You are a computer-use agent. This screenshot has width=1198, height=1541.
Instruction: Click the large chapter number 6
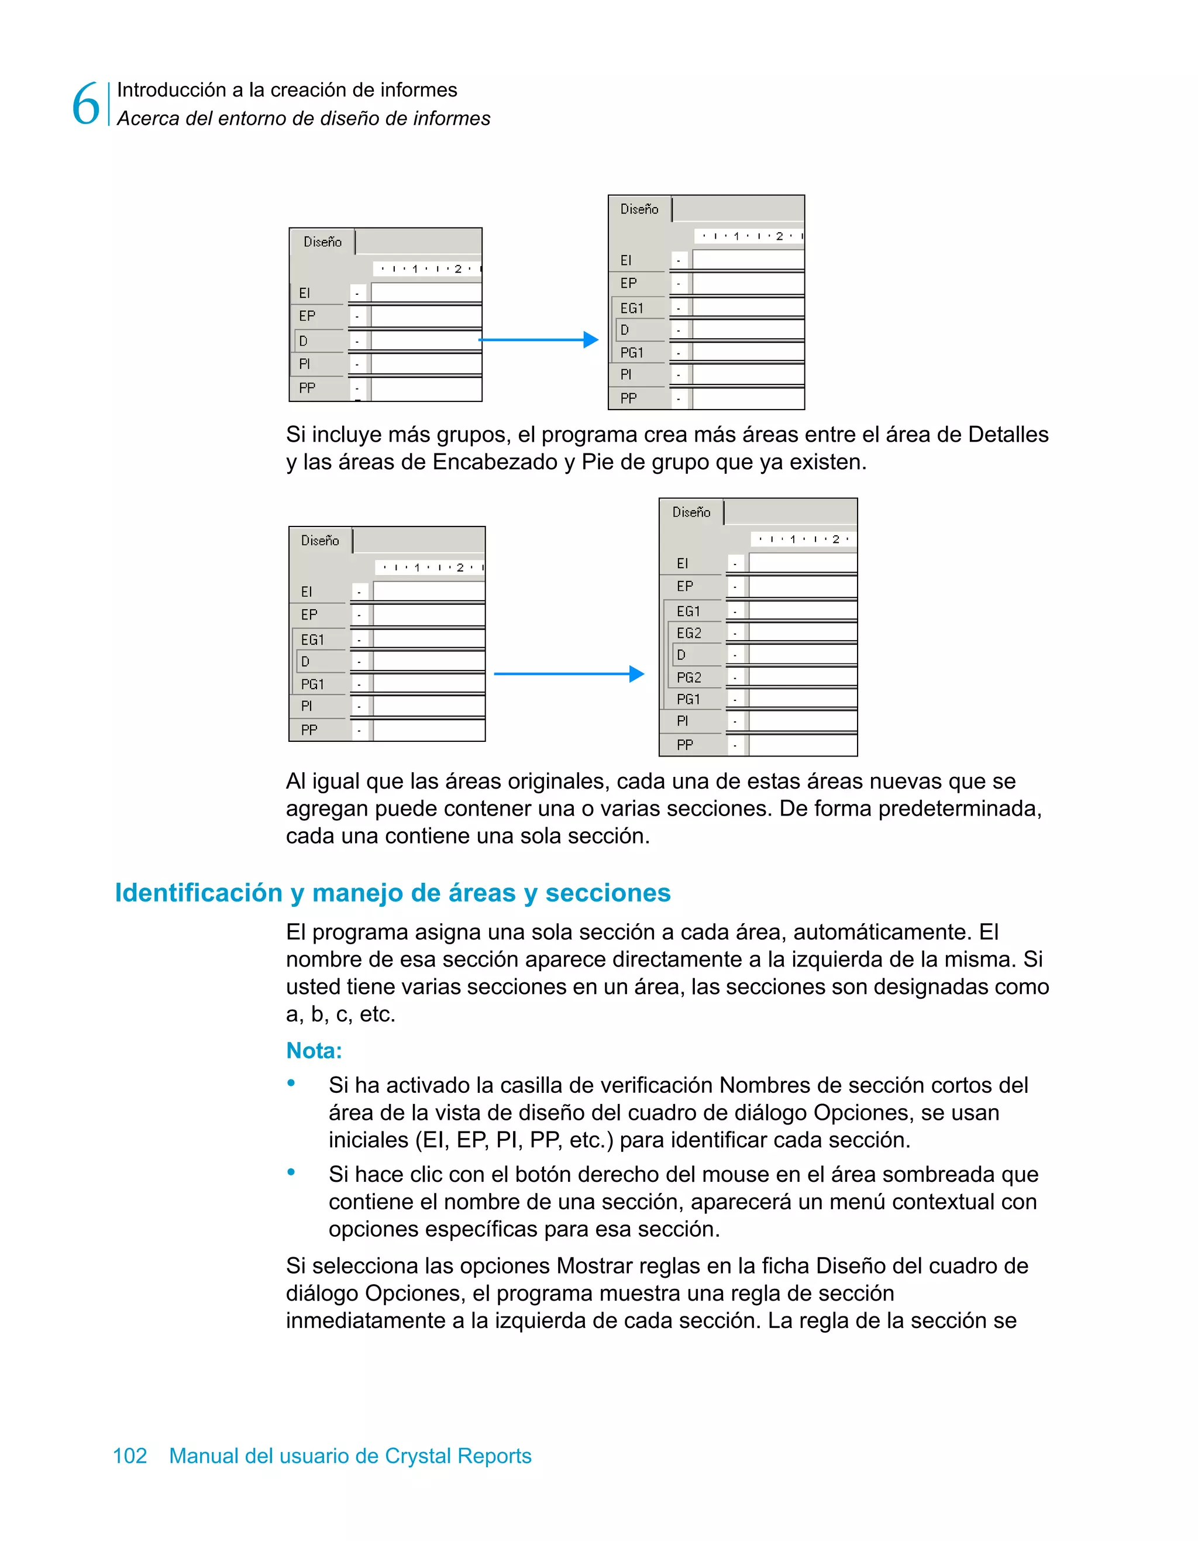coord(85,104)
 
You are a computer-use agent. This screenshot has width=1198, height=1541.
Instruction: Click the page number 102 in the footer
coord(130,1456)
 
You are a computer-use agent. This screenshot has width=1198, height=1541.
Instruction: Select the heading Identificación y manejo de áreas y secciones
coord(393,893)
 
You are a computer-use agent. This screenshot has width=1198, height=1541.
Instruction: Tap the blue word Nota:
coord(314,1051)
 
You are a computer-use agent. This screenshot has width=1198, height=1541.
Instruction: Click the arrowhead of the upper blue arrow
coord(591,340)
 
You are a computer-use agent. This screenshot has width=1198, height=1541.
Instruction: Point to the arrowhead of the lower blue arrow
coord(637,674)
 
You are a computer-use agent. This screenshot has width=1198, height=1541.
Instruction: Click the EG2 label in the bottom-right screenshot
coord(688,633)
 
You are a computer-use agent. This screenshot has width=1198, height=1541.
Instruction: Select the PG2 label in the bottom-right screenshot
coord(688,677)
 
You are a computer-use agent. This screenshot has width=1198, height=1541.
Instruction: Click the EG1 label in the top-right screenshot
coord(631,308)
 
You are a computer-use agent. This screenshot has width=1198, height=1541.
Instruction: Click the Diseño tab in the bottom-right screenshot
coord(691,512)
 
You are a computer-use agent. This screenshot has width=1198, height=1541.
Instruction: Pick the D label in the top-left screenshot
coord(304,342)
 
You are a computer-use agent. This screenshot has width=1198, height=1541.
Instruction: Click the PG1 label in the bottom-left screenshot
coord(312,684)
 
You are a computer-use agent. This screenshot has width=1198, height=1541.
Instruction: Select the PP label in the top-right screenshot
coord(628,398)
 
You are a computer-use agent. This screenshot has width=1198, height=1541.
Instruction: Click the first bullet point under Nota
coord(291,1083)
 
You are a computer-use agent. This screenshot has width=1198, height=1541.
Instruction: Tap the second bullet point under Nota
coord(291,1172)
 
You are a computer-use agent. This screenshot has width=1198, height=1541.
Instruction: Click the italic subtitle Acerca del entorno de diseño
coord(304,119)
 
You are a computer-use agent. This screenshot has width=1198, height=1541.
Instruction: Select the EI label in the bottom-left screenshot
coord(306,592)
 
